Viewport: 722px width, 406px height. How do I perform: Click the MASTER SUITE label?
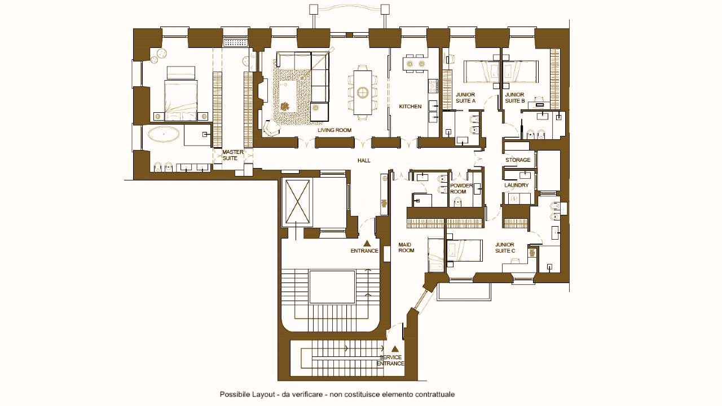233,155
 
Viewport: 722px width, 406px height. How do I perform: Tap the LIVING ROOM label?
334,130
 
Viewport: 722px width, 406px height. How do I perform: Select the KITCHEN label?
410,107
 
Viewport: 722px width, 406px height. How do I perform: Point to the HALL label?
364,161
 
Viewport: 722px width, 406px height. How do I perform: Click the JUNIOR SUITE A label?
465,98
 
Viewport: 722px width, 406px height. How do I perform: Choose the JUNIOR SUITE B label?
515,98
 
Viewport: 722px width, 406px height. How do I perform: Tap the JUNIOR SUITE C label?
505,248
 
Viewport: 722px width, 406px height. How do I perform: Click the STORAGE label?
518,160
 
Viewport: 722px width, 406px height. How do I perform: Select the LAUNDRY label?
516,186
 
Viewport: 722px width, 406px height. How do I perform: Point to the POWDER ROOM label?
461,188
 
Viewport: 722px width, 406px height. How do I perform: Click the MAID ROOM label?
406,248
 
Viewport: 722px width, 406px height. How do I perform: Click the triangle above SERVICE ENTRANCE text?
395,348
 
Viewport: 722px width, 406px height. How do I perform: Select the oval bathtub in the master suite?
164,134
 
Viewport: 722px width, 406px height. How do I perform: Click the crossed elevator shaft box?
297,201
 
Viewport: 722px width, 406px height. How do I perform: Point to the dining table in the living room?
363,92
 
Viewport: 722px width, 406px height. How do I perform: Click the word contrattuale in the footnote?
434,395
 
